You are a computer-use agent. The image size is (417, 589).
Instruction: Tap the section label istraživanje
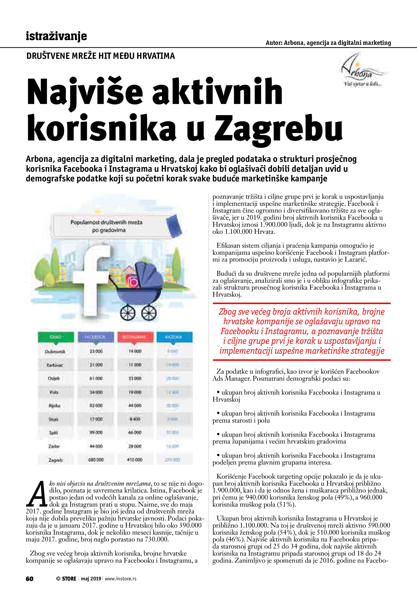coord(56,36)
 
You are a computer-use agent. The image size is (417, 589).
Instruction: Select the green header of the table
coord(55,337)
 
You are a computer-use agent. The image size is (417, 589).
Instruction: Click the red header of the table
coord(135,337)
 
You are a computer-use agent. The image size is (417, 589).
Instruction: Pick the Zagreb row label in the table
coord(55,460)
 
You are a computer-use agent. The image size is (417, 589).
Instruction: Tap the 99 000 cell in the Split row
coord(96,432)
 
